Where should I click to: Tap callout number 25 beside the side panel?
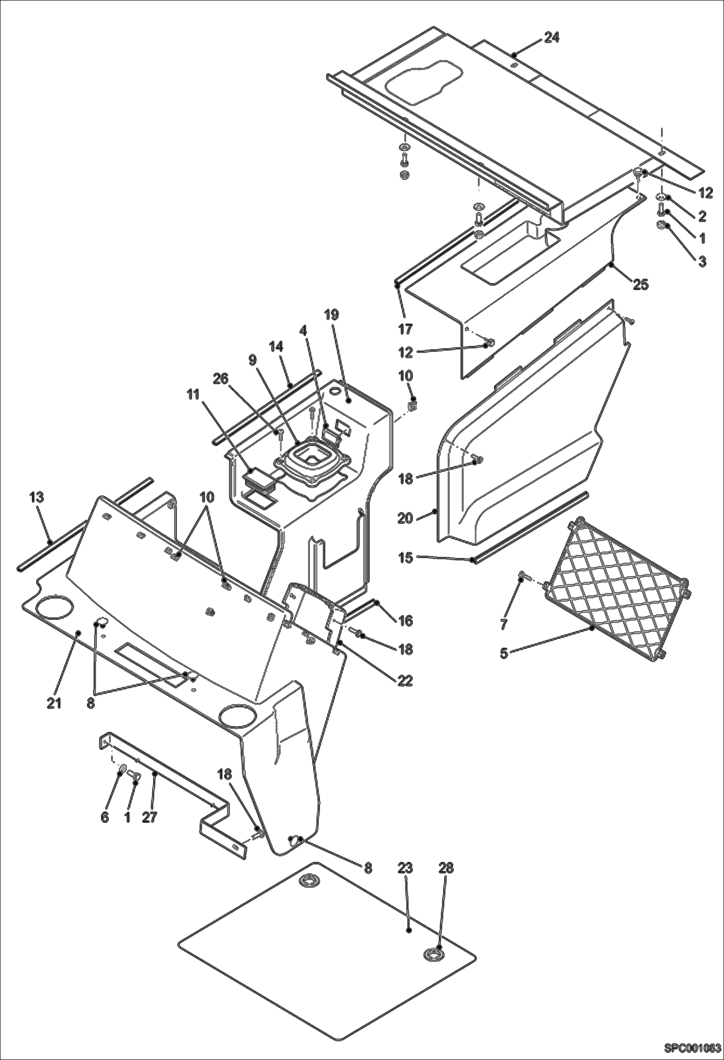point(640,284)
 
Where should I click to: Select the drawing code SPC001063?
point(692,1048)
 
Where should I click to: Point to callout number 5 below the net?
point(504,654)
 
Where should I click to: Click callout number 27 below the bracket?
point(150,817)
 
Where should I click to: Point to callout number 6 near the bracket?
point(105,817)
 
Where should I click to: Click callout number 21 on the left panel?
point(54,703)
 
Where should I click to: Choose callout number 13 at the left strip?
point(37,497)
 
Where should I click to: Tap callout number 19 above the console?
point(332,315)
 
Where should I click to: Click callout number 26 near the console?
point(220,380)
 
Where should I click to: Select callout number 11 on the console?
point(193,395)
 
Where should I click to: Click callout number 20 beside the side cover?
point(405,518)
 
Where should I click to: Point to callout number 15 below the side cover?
point(405,558)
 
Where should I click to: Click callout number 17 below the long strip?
point(405,329)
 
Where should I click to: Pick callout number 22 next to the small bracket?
point(405,680)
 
